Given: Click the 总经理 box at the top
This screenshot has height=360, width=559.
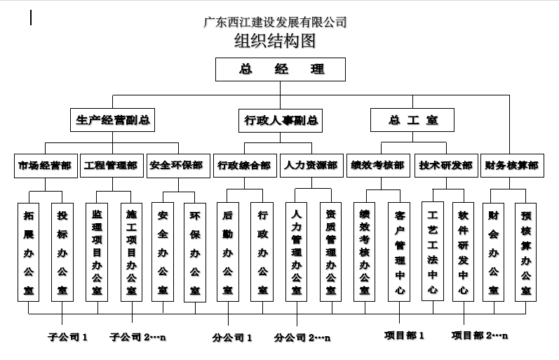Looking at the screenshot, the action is pos(281,69).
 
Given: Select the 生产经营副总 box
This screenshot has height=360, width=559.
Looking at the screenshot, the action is pos(112,120).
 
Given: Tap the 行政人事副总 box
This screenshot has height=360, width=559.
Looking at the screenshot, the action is pos(281,121).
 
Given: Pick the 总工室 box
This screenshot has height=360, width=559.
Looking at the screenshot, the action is pos(412,120).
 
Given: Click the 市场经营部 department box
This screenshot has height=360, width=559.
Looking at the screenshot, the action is pos(46,166).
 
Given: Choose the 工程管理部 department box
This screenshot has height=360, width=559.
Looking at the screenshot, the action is pos(112,166).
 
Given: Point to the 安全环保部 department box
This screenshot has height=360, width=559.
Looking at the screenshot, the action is pos(178,166).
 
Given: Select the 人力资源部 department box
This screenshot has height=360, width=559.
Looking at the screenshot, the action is pos(311,166).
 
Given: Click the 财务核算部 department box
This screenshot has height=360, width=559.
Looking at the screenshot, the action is pos(512,166).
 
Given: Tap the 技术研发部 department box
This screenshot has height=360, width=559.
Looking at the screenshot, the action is pos(446,166).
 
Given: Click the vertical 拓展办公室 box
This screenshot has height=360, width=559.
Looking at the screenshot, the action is pos(29,252).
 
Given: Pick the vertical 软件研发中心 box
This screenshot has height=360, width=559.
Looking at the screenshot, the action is pos(463,251).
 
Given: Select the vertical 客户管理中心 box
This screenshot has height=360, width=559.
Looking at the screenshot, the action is pos(399,252).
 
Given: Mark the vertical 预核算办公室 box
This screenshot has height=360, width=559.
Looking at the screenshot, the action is pos(525,252).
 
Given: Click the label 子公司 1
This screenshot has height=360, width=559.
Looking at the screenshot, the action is pos(68,337).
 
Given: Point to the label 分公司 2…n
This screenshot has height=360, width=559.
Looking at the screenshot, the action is pos(302,338).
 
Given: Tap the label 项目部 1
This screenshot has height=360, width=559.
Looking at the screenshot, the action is pos(404,335).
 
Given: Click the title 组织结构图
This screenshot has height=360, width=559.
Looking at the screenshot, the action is pos(275,41).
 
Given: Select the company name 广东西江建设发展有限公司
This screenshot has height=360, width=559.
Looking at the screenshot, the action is pos(275,22).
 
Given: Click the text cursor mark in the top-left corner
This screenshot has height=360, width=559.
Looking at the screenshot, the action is pos(32,18).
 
